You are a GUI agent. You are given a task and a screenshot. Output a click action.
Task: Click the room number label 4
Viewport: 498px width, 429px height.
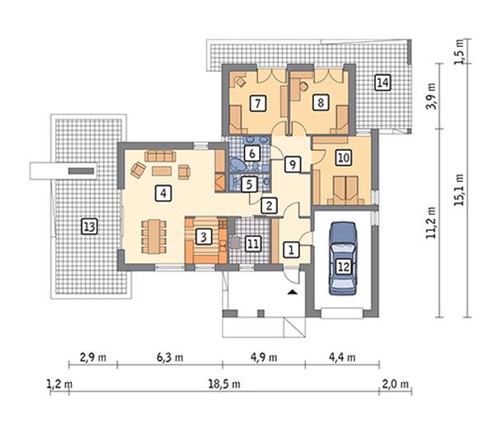tap(163, 193)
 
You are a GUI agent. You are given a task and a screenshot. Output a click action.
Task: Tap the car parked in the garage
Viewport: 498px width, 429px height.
tap(343, 258)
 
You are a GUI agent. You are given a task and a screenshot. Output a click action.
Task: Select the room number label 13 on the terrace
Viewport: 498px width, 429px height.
tap(89, 227)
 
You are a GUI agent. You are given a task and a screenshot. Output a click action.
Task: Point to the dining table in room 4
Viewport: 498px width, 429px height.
tap(154, 237)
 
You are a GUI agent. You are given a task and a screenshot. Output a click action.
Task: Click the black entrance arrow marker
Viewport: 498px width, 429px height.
tap(293, 292)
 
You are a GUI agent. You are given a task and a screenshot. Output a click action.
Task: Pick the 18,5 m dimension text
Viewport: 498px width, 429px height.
tap(224, 384)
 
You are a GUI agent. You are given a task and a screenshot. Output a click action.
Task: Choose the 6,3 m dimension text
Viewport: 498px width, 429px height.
tap(170, 358)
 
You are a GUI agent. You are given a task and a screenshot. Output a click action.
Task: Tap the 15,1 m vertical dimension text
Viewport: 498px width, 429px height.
tap(459, 190)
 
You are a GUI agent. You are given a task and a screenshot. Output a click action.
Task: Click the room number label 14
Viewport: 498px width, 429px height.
tap(383, 82)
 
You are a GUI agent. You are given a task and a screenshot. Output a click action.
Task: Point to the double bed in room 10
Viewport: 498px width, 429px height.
tap(345, 191)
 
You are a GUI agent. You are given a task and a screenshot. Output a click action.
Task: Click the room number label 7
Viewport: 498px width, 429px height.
tap(257, 103)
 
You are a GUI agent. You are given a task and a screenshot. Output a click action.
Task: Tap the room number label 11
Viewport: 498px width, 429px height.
tap(253, 243)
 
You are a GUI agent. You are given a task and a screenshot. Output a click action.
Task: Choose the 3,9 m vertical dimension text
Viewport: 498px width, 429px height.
tap(431, 96)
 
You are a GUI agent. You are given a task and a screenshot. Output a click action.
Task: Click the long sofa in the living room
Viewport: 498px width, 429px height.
tap(160, 156)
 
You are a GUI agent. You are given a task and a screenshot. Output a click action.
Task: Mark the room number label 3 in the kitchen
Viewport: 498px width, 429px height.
tap(204, 237)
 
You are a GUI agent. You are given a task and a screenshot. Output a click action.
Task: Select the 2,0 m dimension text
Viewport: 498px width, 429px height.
tap(395, 384)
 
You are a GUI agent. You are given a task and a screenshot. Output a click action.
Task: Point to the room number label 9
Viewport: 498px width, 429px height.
tap(292, 164)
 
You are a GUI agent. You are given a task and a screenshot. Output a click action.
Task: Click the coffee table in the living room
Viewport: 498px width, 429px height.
tap(162, 171)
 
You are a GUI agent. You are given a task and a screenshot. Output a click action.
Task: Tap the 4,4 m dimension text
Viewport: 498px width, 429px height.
tap(342, 358)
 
